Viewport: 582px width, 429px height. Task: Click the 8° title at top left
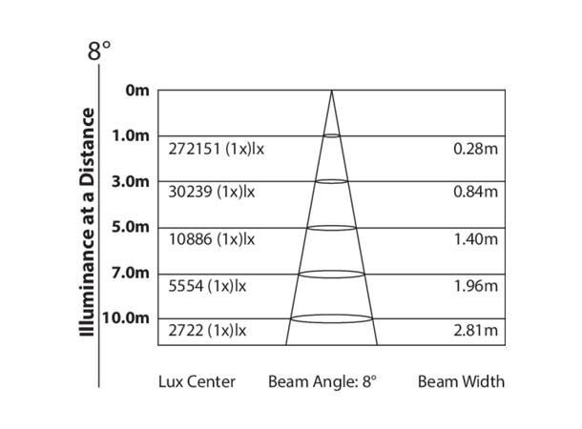(x=99, y=52)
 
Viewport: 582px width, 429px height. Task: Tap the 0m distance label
(x=137, y=91)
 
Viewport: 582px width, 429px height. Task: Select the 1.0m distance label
(x=131, y=135)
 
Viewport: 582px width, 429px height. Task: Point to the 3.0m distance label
(x=131, y=181)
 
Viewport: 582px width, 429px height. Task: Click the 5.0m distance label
(x=131, y=227)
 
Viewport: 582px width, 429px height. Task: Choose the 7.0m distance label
(x=131, y=273)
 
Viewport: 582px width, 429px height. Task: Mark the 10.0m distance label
(x=127, y=317)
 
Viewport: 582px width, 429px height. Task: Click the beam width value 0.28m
(x=477, y=149)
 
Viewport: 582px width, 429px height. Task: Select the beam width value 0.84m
(x=477, y=192)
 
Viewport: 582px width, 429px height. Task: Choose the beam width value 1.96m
(x=477, y=285)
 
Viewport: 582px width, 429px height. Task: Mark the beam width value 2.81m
(x=477, y=331)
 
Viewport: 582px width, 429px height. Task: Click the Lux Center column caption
(x=197, y=381)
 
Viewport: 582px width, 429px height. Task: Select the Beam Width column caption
(x=461, y=381)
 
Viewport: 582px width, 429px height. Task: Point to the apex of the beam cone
(x=331, y=92)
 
